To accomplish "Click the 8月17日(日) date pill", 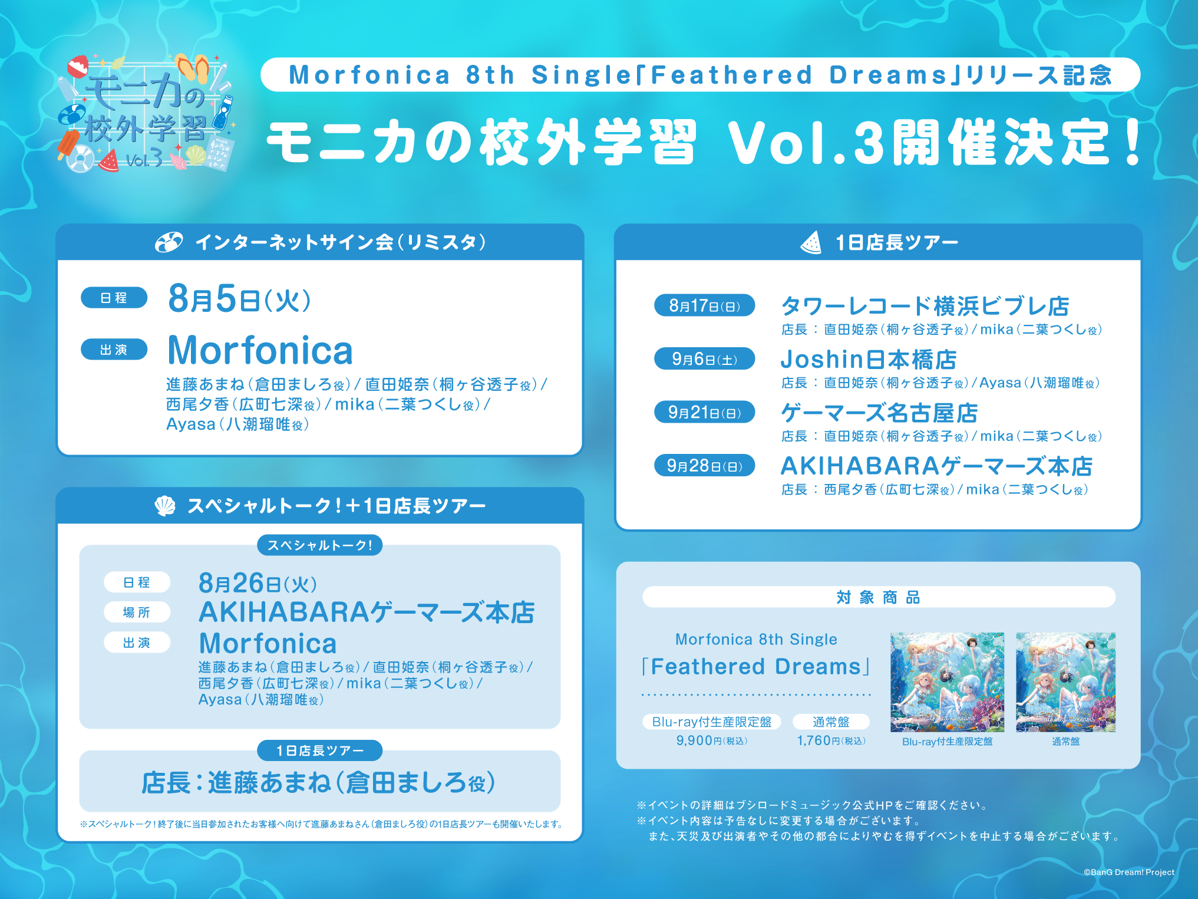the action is (704, 305).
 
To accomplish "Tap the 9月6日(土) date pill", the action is (704, 358).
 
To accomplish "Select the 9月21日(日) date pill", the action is (704, 412).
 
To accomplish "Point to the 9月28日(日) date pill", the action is (704, 465).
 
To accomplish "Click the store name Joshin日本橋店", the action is (869, 359).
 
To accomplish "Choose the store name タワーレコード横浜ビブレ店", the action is (925, 306).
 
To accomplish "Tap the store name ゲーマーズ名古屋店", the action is (879, 413).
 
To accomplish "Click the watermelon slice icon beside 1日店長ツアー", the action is (811, 242).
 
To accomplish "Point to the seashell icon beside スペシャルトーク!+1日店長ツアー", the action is (165, 505).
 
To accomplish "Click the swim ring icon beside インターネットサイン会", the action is (169, 242).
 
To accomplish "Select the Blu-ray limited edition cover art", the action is (947, 682).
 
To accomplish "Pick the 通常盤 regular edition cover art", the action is (1065, 682).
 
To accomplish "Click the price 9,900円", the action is (711, 740).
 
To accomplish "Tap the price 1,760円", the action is (831, 740).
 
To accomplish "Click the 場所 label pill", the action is (137, 612).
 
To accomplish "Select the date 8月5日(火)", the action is (239, 298).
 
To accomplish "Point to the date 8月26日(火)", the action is (258, 583).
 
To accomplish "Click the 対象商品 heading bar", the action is (879, 597).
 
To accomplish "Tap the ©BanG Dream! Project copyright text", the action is (1128, 872).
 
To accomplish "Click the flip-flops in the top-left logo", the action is (194, 68).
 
